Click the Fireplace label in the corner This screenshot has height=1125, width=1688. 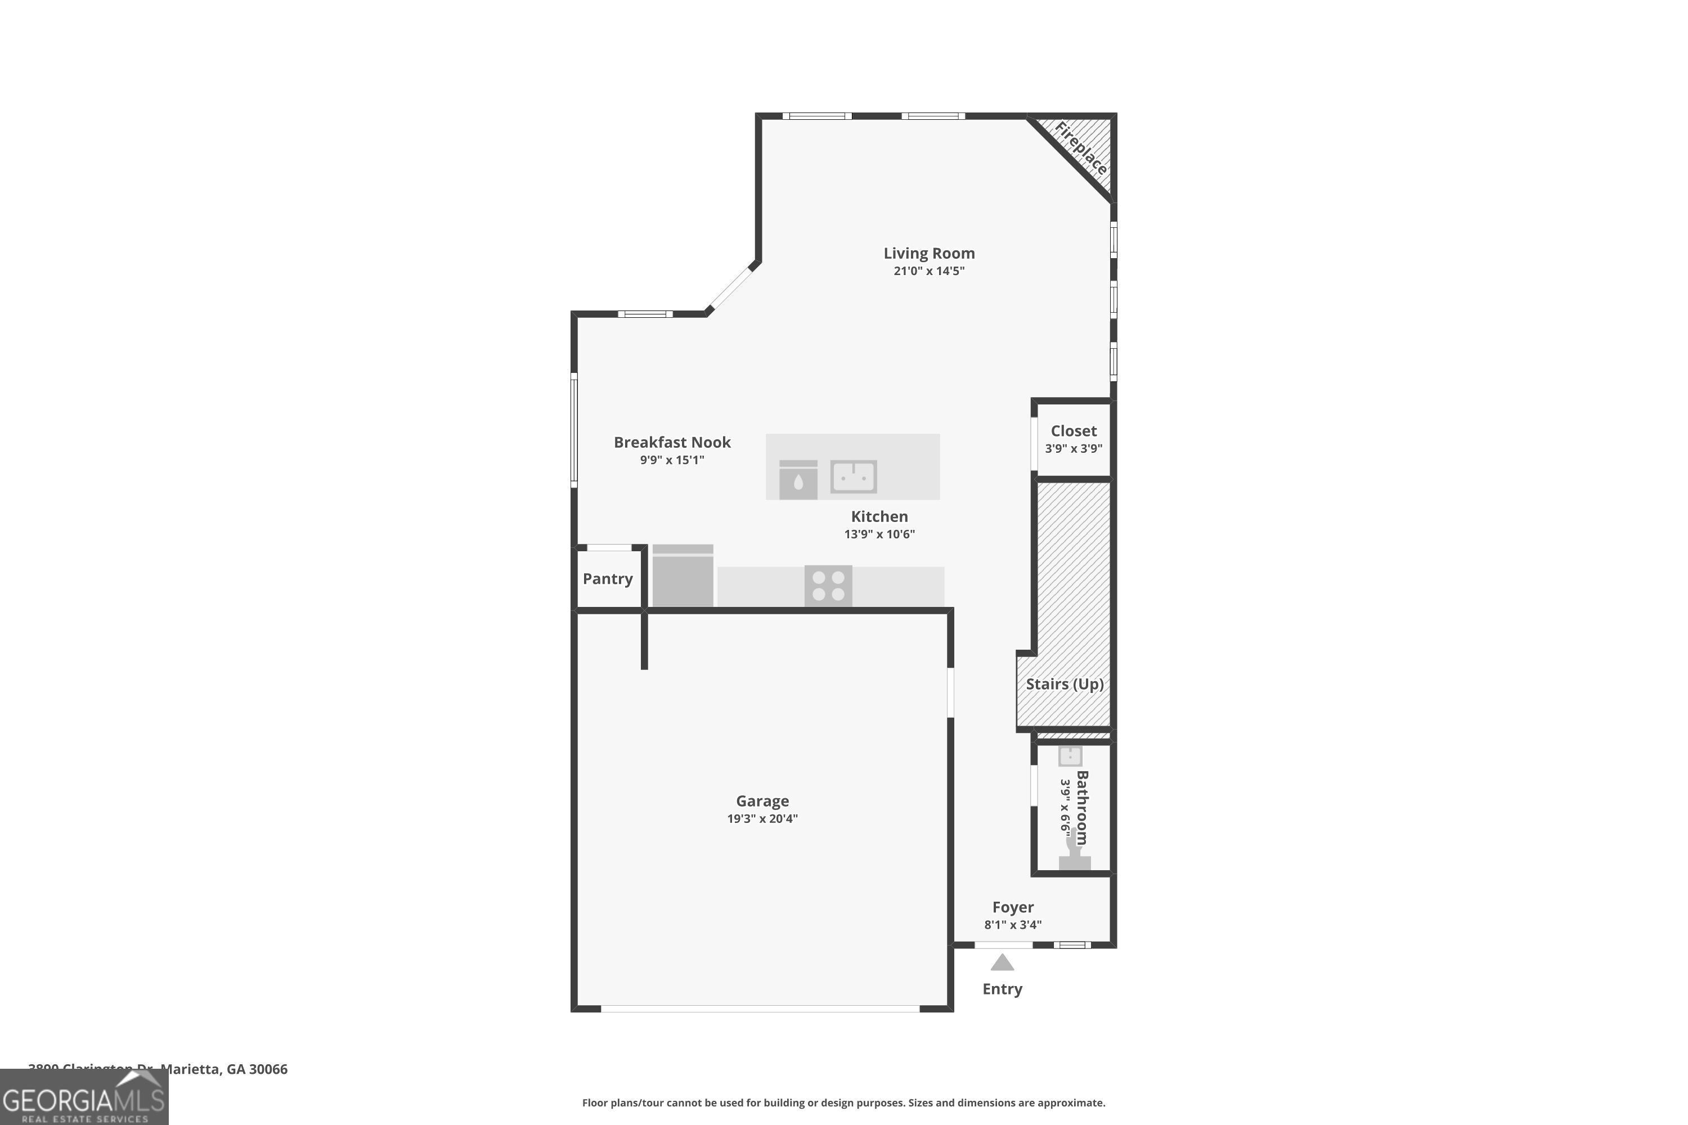(1080, 149)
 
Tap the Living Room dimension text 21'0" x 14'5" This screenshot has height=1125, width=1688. (929, 271)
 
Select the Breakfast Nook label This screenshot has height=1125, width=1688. (672, 442)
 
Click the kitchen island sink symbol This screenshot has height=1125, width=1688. (854, 476)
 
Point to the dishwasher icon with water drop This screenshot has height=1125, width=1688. (798, 480)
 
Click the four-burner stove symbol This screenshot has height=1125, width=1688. (828, 586)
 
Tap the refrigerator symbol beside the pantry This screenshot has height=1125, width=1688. (683, 575)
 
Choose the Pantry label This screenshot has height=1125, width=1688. (607, 579)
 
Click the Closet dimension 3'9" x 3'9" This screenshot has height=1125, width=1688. (1073, 448)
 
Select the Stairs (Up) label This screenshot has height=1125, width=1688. (1065, 684)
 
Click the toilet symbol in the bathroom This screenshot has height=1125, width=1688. (1074, 857)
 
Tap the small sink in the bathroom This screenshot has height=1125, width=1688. (1070, 756)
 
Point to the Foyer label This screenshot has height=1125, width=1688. (1013, 907)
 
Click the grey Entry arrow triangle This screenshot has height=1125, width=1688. (1002, 963)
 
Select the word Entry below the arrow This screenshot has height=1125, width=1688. (1002, 989)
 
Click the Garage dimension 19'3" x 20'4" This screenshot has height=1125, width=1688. (762, 818)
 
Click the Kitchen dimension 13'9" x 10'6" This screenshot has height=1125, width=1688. (879, 534)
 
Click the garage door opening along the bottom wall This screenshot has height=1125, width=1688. (760, 1008)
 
